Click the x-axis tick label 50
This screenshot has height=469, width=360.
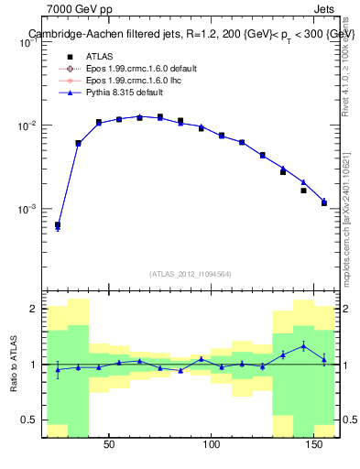[109, 445]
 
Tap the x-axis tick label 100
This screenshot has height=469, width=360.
[212, 445]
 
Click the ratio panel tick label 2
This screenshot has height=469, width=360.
[34, 309]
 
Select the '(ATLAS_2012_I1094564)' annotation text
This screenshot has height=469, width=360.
[191, 274]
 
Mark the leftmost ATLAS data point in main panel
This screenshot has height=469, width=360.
[58, 224]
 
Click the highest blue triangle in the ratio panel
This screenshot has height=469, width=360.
[303, 345]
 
